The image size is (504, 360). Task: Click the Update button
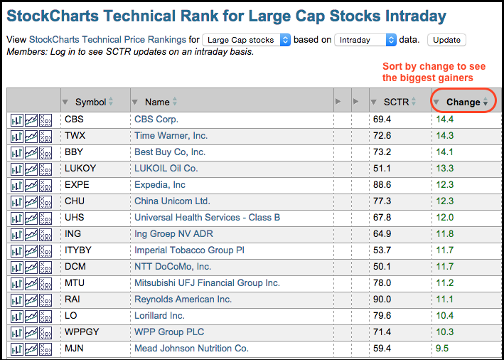tap(446, 40)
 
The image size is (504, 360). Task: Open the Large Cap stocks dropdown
tap(246, 40)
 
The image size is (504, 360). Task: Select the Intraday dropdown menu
tap(365, 40)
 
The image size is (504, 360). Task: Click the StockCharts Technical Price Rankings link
tap(107, 40)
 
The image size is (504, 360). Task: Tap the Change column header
tap(463, 102)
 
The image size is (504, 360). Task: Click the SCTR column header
tap(397, 102)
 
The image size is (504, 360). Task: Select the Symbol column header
tap(91, 102)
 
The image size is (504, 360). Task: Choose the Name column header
tap(157, 102)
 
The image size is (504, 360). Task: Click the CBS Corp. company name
tap(156, 120)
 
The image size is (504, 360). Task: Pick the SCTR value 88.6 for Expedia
tap(382, 185)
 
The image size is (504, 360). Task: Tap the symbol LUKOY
tap(80, 168)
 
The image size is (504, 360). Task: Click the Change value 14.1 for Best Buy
tap(445, 152)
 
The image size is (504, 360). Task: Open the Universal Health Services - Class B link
tap(207, 218)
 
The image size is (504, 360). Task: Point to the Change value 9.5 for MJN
tap(442, 348)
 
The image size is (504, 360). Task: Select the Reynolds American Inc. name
tap(183, 300)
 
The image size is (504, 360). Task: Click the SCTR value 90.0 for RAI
tap(382, 300)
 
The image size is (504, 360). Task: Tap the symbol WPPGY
tap(82, 332)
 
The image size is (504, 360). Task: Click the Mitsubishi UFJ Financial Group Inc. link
tap(207, 282)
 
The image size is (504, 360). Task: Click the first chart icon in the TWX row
tap(17, 136)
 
